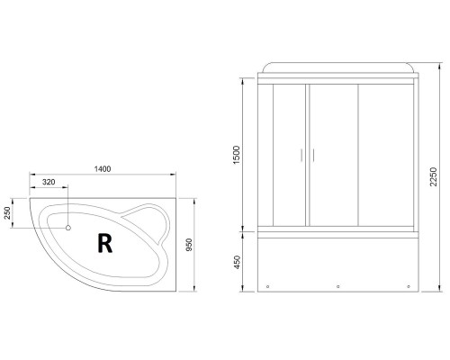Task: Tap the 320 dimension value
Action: click(50, 183)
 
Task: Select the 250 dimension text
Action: click(8, 214)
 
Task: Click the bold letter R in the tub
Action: click(104, 242)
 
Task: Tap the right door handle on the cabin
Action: click(314, 154)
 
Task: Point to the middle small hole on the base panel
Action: click(337, 288)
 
